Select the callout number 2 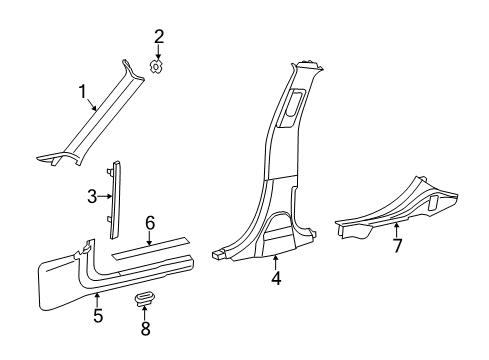click(x=158, y=37)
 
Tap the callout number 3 click(x=91, y=196)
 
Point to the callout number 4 click(x=276, y=279)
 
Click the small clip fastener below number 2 click(x=158, y=68)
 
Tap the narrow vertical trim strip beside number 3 click(x=116, y=194)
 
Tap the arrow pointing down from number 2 click(x=158, y=53)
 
